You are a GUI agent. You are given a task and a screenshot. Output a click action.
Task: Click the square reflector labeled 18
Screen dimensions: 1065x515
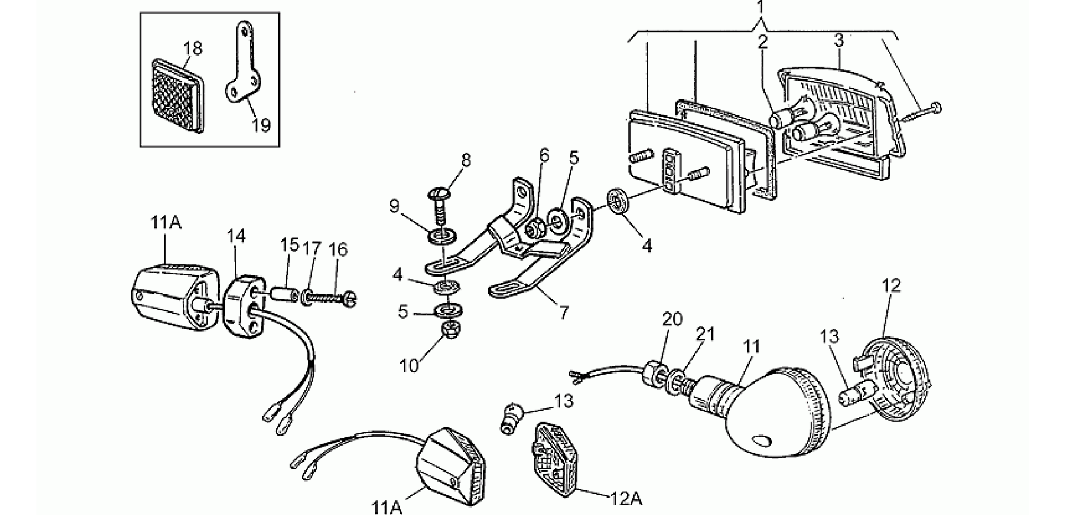[178, 95]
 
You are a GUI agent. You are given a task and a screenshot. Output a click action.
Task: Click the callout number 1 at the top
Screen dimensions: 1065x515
[761, 8]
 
